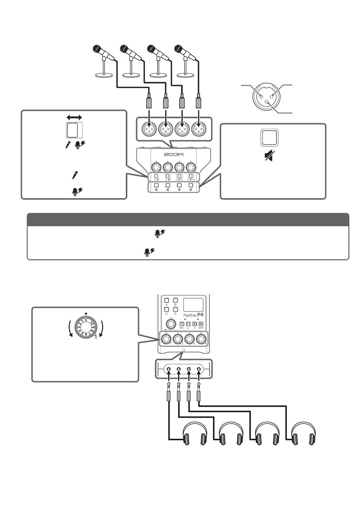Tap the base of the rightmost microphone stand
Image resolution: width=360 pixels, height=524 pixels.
pos(185,75)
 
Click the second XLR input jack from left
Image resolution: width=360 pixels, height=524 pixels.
pos(166,130)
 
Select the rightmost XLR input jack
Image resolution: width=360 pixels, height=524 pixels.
pos(198,130)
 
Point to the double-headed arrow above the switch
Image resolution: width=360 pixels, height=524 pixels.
pos(74,118)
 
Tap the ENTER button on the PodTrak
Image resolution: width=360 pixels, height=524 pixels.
pos(201,324)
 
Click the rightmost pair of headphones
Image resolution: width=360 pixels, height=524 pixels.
pos(304,434)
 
